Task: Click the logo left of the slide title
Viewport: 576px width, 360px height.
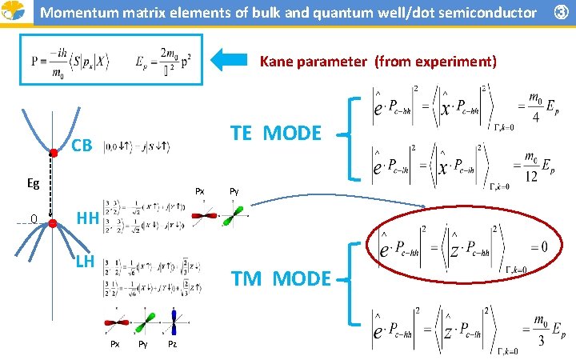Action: (x=14, y=13)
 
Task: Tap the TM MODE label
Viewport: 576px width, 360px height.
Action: (x=281, y=278)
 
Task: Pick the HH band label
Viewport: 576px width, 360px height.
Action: (x=87, y=218)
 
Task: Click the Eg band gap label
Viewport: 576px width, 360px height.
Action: (x=34, y=183)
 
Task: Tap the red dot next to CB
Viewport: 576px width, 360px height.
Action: (x=54, y=152)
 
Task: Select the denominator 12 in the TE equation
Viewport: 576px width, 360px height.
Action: (x=531, y=176)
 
